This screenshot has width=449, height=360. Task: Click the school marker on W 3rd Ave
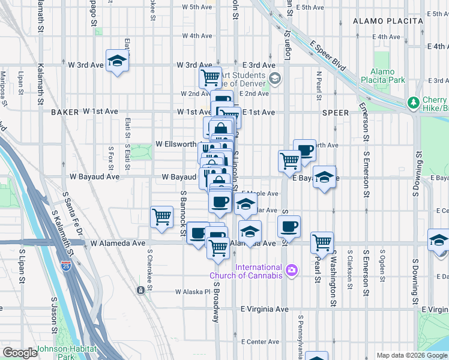(x=117, y=60)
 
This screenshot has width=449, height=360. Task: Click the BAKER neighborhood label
(x=65, y=112)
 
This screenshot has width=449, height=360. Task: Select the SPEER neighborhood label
(x=335, y=112)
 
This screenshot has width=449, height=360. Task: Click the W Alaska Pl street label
(x=193, y=292)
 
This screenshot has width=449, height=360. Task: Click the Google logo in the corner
(x=20, y=352)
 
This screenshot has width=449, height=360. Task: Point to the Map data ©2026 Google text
(x=411, y=355)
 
